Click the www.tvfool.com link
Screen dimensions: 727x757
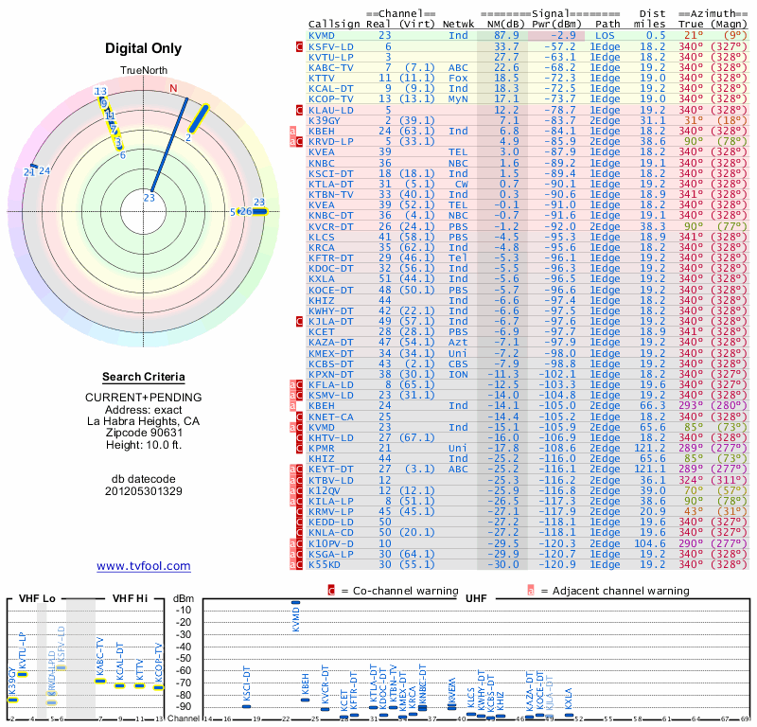pyautogui.click(x=144, y=566)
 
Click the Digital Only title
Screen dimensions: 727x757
pyautogui.click(x=143, y=48)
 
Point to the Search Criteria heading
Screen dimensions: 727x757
pyautogui.click(x=143, y=377)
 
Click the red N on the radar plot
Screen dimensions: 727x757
pyautogui.click(x=173, y=88)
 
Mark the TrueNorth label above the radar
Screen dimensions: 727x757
pyautogui.click(x=143, y=70)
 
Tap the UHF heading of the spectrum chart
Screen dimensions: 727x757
pyautogui.click(x=477, y=598)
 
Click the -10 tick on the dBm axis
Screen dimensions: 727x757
pyautogui.click(x=186, y=611)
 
